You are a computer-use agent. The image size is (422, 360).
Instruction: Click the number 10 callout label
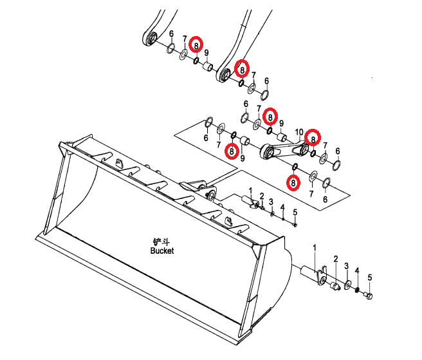(299, 133)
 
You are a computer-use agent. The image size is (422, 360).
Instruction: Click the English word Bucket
(162, 251)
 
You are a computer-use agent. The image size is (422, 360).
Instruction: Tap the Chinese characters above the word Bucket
(161, 242)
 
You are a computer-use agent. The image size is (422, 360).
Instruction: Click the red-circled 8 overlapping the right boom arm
(243, 70)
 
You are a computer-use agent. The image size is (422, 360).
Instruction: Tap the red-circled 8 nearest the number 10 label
(313, 137)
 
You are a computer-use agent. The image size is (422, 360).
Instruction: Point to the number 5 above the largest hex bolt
(370, 278)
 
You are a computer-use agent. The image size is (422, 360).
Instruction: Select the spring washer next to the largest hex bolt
(357, 290)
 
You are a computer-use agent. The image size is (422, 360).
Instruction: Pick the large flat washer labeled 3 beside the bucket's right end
(347, 285)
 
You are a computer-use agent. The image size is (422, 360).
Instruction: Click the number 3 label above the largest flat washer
(346, 266)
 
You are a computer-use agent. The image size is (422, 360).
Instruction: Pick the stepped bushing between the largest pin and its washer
(335, 286)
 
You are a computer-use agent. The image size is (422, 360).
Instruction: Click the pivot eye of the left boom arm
(151, 38)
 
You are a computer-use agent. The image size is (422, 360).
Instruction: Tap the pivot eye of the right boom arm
(224, 74)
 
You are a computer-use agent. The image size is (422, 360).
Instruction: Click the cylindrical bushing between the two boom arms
(207, 66)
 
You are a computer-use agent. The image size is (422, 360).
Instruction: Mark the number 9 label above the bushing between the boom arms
(206, 53)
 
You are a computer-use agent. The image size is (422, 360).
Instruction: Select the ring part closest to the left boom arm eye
(170, 48)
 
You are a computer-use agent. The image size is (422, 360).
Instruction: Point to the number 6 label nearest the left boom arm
(171, 34)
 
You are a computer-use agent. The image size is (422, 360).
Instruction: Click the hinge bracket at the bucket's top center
(199, 189)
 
